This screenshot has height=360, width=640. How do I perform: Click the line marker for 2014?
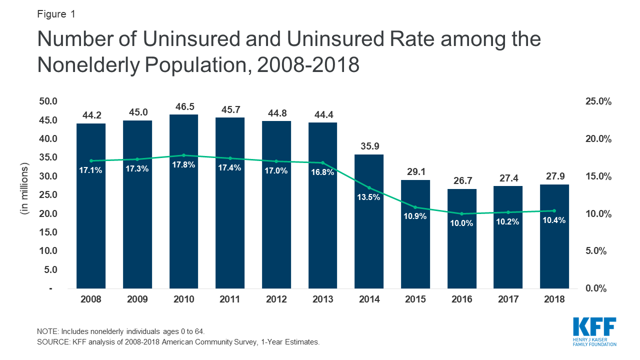point(369,188)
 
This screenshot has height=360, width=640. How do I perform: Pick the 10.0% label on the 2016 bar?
point(461,223)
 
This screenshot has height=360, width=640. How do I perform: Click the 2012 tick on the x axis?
point(276,299)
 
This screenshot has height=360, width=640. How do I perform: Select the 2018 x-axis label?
point(554,299)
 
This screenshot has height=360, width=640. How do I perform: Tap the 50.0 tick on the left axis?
point(48,101)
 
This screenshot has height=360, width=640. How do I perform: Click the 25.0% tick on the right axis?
point(599,101)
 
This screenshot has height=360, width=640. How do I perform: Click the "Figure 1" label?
point(56,14)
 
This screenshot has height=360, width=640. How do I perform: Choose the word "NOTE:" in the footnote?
point(47,331)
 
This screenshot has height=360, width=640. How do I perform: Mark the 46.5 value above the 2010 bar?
point(183,107)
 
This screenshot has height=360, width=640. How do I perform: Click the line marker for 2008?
point(91,161)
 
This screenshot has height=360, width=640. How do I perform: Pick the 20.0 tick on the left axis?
point(48,214)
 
